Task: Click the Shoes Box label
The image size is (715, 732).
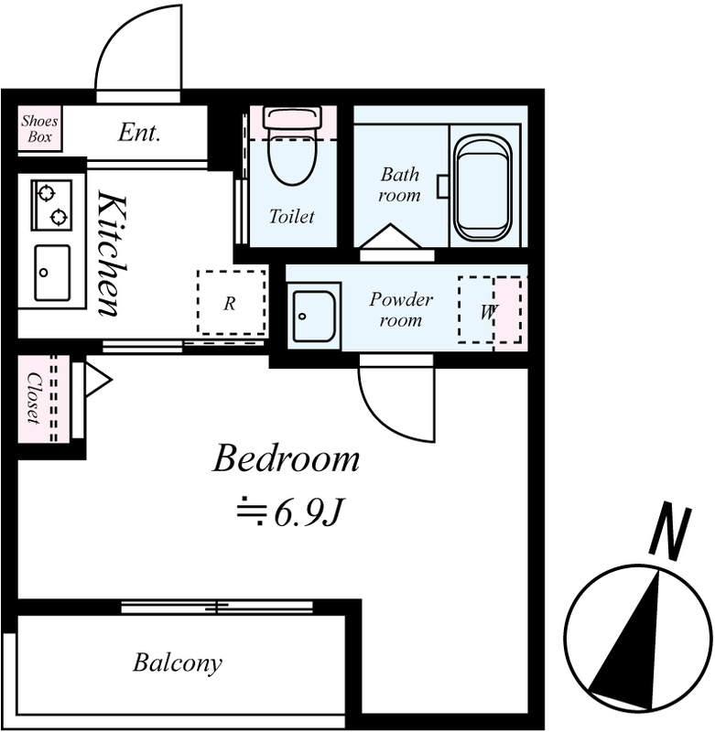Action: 39,129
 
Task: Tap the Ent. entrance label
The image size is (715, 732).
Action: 139,132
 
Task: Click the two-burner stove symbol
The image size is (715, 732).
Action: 52,205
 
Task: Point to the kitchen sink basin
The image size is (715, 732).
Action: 52,273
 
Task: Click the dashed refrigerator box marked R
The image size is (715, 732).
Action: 232,302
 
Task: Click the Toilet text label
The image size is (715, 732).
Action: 292,217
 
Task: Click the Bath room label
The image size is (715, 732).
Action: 399,185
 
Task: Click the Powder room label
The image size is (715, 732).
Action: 401,309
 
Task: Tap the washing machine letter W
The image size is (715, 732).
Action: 488,312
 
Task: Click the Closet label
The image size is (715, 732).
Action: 34,398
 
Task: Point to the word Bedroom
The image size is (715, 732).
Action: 287,459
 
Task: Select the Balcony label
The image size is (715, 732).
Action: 178,662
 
